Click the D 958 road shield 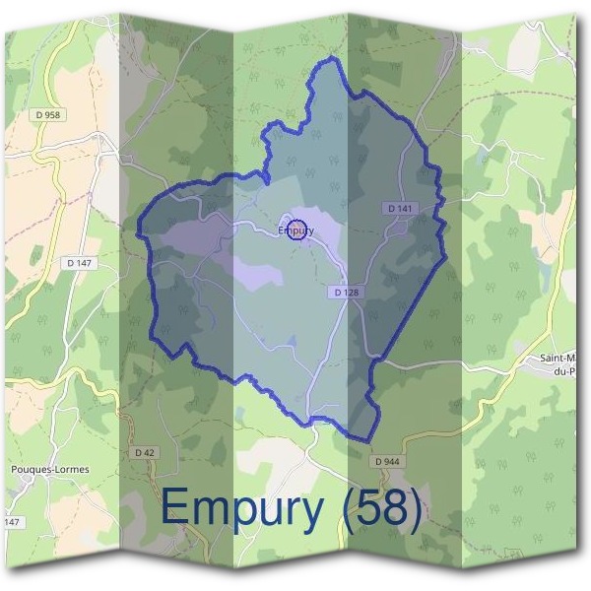(46, 115)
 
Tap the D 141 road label (399, 209)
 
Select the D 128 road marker (346, 293)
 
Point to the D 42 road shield (143, 452)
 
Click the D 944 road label (387, 461)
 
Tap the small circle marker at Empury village (297, 228)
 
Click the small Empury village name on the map (295, 231)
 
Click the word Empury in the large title (241, 510)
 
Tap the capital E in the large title (175, 508)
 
